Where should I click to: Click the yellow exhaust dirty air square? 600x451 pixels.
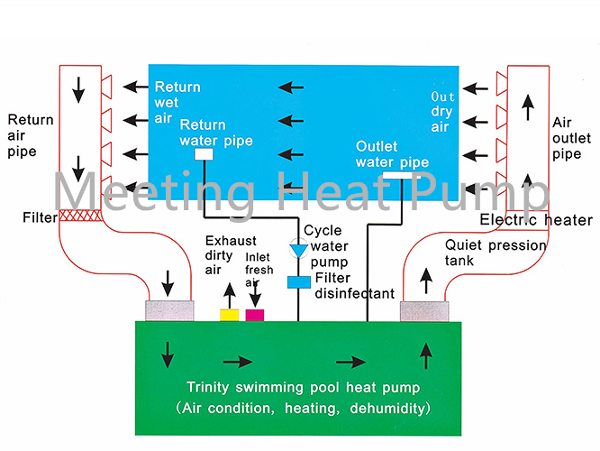230,315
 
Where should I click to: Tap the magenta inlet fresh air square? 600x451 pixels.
255,315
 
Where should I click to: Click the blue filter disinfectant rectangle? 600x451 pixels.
297,282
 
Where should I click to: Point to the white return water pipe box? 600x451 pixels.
204,154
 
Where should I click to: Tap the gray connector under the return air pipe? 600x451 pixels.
168,310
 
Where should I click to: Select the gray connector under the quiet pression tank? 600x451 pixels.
423,310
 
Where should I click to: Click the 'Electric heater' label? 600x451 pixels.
536,220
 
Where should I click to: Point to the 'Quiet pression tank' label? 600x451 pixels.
483,253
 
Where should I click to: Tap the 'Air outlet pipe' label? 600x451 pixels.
569,137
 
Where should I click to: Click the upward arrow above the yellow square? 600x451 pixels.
230,292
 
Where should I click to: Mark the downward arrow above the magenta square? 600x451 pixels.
255,292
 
